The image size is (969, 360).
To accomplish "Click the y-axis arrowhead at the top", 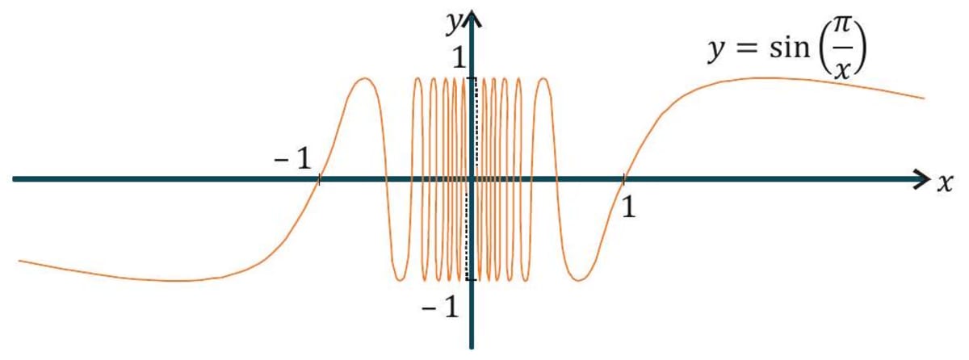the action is (471, 17).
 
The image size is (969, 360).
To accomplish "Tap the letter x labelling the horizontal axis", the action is (946, 183).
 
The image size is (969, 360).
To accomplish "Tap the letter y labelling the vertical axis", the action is (452, 24).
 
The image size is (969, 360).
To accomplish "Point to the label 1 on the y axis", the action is (458, 59).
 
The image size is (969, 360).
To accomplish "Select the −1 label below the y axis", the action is (441, 307).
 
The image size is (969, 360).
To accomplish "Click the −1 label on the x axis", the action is (292, 160).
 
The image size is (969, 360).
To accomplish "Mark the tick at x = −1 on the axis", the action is (320, 179).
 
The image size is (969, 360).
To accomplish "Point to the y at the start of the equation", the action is (715, 55).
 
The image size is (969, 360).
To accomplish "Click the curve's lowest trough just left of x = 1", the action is (577, 280).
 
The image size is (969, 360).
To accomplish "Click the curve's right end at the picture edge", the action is (923, 98).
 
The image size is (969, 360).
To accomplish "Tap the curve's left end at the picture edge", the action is (19, 261).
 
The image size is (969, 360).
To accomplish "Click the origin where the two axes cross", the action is (471, 179).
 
